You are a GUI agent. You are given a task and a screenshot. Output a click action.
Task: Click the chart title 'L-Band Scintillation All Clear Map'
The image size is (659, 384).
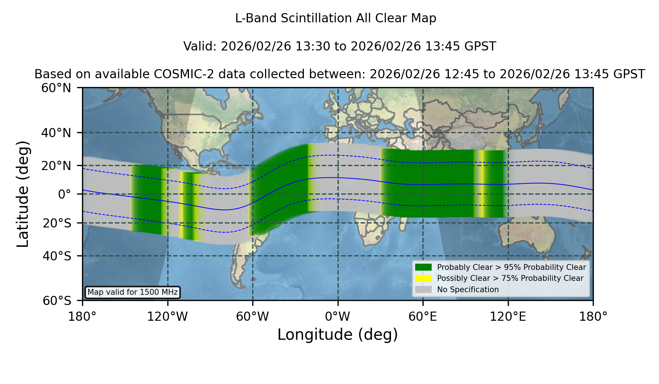336,18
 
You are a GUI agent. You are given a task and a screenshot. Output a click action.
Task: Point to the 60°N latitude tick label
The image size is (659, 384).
56,88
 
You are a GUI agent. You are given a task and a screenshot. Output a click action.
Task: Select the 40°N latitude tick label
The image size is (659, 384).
56,133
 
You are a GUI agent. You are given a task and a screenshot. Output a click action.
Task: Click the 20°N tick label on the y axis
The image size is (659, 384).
56,166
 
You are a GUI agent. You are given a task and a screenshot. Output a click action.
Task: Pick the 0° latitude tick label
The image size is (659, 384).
64,194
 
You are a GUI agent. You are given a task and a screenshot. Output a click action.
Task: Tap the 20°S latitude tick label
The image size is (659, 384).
57,223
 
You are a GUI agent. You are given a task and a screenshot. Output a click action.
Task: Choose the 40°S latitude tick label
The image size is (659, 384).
57,256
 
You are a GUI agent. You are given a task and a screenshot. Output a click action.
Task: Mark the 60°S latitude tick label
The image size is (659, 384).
57,301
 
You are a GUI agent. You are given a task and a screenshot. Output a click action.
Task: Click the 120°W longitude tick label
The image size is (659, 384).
167,317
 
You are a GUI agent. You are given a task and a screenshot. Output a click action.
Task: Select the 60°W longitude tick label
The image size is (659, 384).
253,317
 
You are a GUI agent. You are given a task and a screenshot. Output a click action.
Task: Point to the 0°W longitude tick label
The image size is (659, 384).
338,317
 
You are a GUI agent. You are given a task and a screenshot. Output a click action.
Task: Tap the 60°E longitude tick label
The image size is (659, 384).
423,317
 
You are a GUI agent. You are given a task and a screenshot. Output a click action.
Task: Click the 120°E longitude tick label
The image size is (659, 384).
508,317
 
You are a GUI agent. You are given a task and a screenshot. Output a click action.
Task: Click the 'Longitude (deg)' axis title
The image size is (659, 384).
338,335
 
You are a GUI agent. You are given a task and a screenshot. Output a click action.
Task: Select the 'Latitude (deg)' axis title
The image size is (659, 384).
23,194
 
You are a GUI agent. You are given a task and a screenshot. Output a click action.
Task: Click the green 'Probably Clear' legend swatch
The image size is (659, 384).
424,267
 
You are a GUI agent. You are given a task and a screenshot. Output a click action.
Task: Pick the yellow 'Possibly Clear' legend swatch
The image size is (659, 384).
424,278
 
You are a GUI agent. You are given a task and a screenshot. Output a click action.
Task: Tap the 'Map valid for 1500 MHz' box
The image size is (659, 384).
133,292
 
